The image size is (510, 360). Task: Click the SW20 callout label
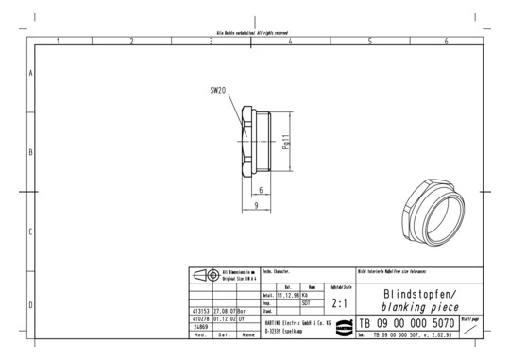click(218, 91)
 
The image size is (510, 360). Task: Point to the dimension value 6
click(259, 190)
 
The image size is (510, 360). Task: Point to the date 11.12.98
click(287, 294)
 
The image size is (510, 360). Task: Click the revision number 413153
click(200, 309)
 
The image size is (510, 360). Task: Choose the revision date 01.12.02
click(224, 318)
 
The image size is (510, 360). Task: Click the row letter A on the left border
click(30, 73)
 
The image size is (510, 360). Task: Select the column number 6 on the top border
click(446, 42)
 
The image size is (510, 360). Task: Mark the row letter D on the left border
click(30, 305)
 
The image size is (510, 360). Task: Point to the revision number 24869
click(200, 327)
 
